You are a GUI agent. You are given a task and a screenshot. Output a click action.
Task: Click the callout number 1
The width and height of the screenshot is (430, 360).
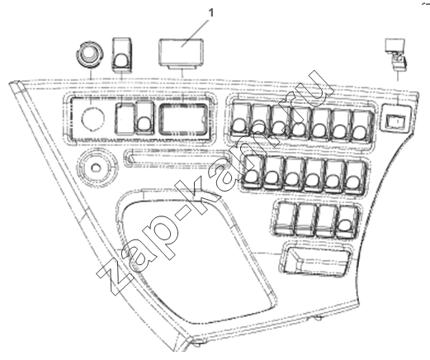click(211, 13)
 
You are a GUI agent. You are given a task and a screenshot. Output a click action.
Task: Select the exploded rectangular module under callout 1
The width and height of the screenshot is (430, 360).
click(182, 53)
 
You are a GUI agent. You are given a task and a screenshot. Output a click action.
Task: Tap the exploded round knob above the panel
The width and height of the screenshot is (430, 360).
click(89, 54)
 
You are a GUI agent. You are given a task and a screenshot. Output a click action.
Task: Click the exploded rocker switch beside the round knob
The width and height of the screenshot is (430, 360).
click(122, 54)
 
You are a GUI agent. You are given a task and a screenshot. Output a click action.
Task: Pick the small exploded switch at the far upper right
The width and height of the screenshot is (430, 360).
click(395, 54)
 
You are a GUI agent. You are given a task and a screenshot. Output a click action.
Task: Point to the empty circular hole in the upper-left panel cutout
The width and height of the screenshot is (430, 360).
click(93, 118)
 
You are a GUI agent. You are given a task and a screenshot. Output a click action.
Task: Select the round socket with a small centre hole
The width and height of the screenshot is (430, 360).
click(96, 167)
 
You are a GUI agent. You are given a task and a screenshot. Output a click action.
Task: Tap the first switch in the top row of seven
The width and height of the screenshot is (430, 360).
click(240, 121)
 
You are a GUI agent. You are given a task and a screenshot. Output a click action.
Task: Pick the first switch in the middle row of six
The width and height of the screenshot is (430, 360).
click(252, 171)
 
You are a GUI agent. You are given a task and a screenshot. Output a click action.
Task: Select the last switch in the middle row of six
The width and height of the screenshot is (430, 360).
click(355, 177)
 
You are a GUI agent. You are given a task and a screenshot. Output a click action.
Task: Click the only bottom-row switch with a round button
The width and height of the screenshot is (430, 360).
click(347, 221)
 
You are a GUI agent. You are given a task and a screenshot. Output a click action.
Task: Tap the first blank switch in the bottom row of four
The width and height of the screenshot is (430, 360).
click(286, 219)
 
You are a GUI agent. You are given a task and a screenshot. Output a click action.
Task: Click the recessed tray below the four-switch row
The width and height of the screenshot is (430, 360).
click(316, 260)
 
